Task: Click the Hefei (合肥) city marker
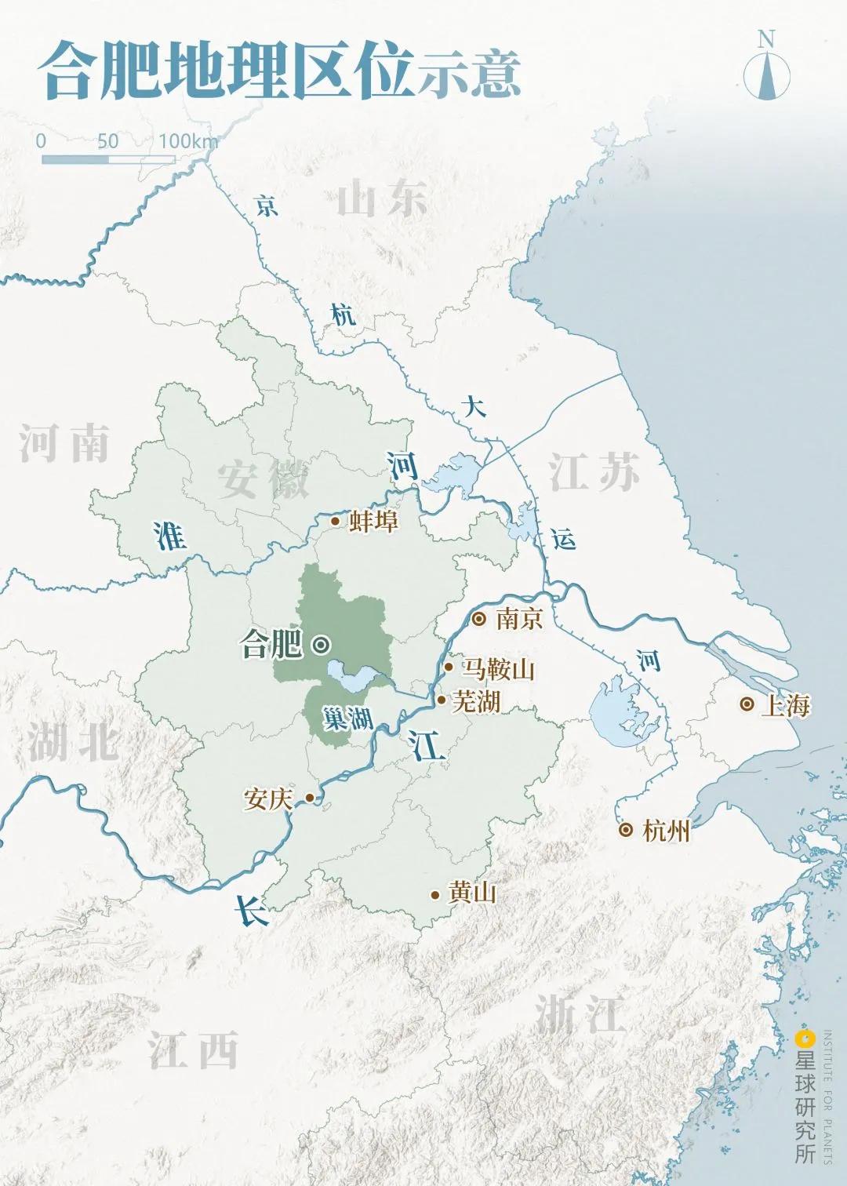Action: [321, 645]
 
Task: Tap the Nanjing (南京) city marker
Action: [479, 619]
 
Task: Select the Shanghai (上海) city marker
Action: [747, 704]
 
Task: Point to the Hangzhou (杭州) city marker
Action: [626, 830]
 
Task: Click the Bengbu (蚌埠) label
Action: [373, 521]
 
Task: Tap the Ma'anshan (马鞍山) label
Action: [498, 669]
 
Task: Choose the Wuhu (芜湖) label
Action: [476, 701]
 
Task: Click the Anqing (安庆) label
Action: [268, 799]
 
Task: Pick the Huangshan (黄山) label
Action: [472, 893]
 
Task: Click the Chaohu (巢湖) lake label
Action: [347, 718]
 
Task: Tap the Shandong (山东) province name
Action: [382, 198]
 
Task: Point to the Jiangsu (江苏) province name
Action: [594, 472]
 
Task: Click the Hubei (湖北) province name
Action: [73, 741]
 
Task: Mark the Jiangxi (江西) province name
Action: [193, 1050]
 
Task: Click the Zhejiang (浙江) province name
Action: [580, 1013]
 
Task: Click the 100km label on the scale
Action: [188, 141]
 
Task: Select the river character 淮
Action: [170, 537]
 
